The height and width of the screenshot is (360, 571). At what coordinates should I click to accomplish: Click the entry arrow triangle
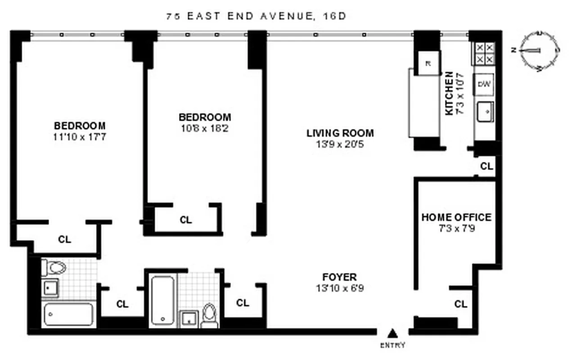click(393, 333)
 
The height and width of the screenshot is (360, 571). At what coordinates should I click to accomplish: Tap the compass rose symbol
click(539, 51)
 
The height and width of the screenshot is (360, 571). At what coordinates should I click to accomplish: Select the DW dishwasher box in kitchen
click(484, 84)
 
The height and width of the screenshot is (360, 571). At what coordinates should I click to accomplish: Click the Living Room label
click(340, 133)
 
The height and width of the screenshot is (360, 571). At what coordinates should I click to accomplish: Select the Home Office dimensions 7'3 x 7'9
click(456, 228)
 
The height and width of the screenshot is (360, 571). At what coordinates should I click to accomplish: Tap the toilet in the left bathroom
click(55, 268)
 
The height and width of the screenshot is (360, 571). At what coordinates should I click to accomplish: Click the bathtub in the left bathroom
click(68, 314)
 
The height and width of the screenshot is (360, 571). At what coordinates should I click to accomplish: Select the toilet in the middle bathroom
click(209, 315)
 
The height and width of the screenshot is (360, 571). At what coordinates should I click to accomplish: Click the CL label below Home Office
click(460, 305)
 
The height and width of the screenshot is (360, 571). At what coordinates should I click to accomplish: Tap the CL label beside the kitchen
click(486, 166)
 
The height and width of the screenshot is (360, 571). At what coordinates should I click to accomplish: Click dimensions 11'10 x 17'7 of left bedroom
click(80, 137)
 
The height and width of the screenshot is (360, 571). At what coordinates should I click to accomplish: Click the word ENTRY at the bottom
click(393, 346)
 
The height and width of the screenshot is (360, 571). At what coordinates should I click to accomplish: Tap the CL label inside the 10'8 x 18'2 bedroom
click(186, 220)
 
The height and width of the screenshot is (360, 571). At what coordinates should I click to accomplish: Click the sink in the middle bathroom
click(189, 318)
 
